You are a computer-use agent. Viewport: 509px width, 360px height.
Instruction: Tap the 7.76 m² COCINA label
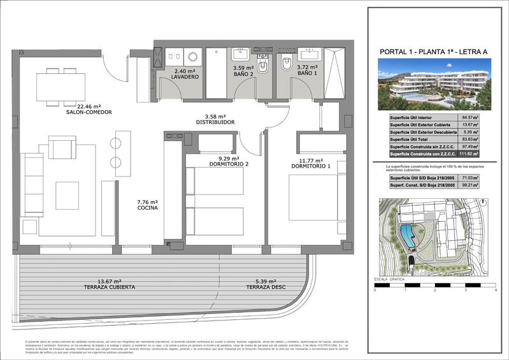(x=147, y=208)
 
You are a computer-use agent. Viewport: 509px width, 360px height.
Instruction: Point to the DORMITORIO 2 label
(x=227, y=163)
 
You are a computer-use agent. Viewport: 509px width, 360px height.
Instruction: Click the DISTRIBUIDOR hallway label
(x=216, y=121)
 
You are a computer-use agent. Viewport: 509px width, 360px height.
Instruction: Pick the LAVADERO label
(x=185, y=76)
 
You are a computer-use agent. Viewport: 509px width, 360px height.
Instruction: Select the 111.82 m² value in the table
(x=487, y=154)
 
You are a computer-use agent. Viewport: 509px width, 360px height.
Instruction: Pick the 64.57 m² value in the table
(x=487, y=118)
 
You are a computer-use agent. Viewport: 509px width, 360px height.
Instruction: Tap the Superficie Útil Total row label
(x=414, y=140)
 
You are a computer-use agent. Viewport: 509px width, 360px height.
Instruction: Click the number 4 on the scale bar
(x=495, y=291)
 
